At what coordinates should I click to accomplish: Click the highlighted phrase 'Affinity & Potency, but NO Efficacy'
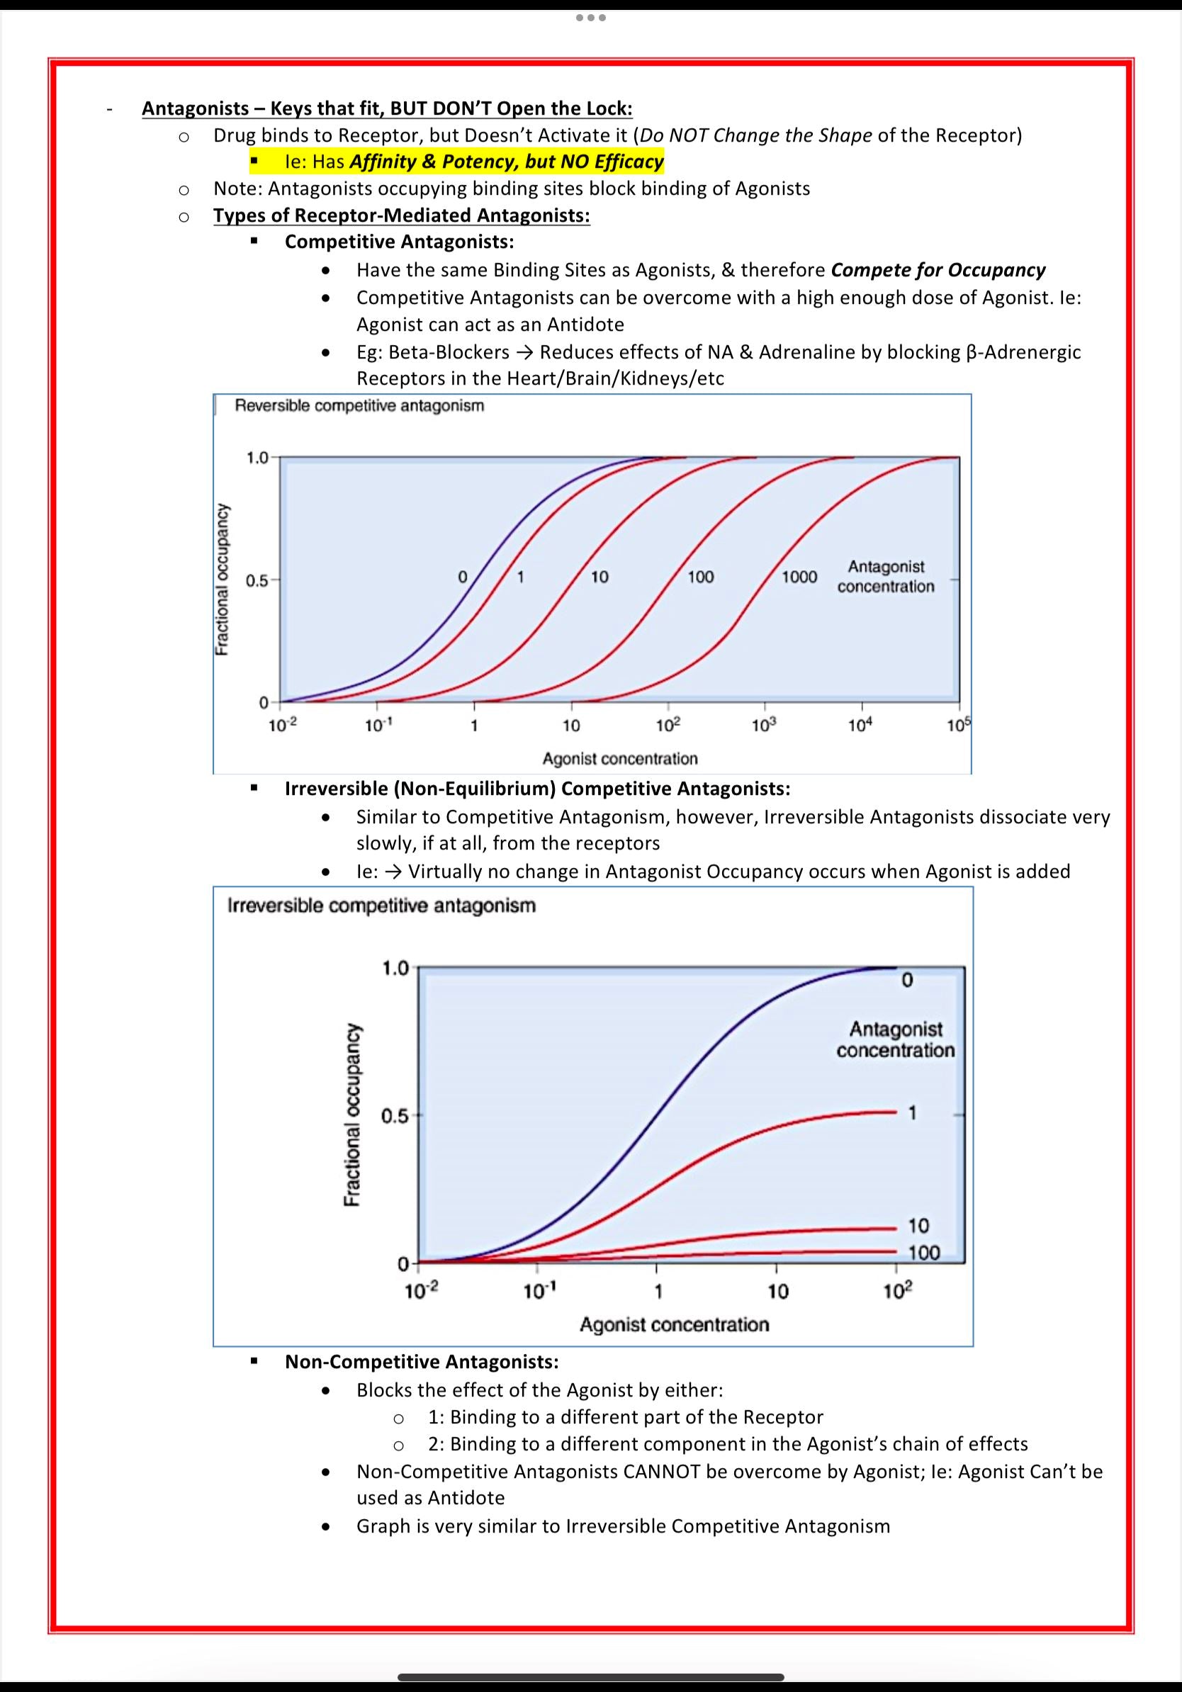[506, 162]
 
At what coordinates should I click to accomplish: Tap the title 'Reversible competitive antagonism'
[359, 406]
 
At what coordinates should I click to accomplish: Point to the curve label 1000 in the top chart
[799, 577]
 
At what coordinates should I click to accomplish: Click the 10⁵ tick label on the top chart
[959, 726]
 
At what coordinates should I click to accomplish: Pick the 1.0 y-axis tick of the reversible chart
[257, 458]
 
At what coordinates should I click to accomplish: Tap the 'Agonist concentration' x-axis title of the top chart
[620, 758]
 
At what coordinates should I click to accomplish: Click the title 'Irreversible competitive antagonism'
[382, 906]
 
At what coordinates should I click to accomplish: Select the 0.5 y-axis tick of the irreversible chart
[394, 1117]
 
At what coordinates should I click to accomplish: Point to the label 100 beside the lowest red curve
[924, 1252]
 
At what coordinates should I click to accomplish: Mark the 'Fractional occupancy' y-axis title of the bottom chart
[351, 1115]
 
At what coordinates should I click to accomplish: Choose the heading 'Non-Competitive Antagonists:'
[422, 1361]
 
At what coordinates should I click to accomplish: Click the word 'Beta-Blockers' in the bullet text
[449, 352]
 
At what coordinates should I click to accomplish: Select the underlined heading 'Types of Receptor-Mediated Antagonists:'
[402, 215]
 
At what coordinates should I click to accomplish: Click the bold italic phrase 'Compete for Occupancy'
[938, 270]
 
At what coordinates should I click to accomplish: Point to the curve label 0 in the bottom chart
[906, 980]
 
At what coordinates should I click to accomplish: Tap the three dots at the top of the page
[591, 17]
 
